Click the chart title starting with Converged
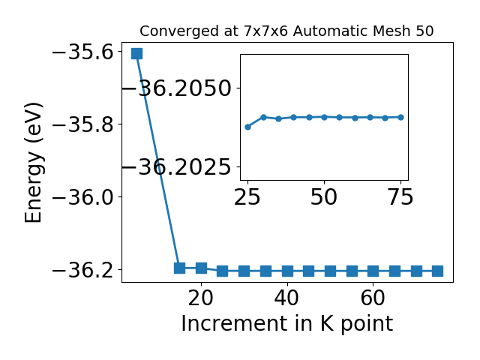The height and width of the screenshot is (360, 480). pyautogui.click(x=286, y=31)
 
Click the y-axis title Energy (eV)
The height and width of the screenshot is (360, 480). pyautogui.click(x=33, y=163)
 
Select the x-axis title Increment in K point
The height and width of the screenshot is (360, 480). pyautogui.click(x=286, y=324)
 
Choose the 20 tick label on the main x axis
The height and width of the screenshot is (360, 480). pyautogui.click(x=201, y=298)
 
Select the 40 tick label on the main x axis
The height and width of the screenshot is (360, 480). pyautogui.click(x=286, y=298)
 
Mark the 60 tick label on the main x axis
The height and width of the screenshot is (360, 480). pyautogui.click(x=373, y=298)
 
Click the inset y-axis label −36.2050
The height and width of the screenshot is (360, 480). pyautogui.click(x=177, y=88)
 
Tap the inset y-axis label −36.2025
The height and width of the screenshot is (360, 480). pyautogui.click(x=177, y=167)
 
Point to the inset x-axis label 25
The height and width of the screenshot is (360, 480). pyautogui.click(x=247, y=196)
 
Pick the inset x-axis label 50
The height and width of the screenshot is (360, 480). pyautogui.click(x=324, y=196)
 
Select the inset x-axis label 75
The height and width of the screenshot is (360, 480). pyautogui.click(x=400, y=196)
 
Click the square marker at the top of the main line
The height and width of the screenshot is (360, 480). pyautogui.click(x=136, y=53)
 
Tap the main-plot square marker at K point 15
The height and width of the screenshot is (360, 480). pyautogui.click(x=180, y=268)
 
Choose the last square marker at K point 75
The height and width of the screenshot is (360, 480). pyautogui.click(x=438, y=271)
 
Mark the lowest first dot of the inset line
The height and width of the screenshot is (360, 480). pyautogui.click(x=248, y=127)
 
